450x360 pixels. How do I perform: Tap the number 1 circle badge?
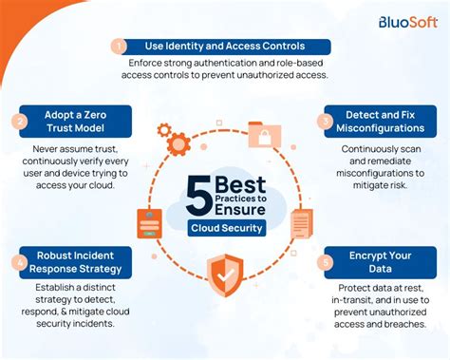pos(119,47)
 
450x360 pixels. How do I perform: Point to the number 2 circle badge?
pos(20,121)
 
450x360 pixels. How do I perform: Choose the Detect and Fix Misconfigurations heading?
pos(380,121)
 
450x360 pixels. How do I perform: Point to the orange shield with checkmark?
pos(225,276)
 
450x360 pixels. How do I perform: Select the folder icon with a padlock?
pos(261,134)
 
